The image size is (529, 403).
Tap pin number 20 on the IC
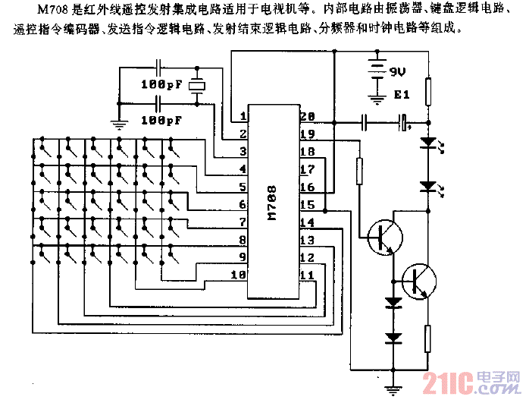coord(307,117)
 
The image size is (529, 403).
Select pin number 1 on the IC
coord(243,117)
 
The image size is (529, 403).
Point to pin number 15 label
coord(307,205)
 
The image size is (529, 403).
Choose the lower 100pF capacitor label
coord(161,120)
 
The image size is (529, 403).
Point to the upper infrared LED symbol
coord(429,142)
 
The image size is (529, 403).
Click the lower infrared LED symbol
coord(429,185)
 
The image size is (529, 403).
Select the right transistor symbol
coord(419,280)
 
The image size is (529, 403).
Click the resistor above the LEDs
coord(429,92)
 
